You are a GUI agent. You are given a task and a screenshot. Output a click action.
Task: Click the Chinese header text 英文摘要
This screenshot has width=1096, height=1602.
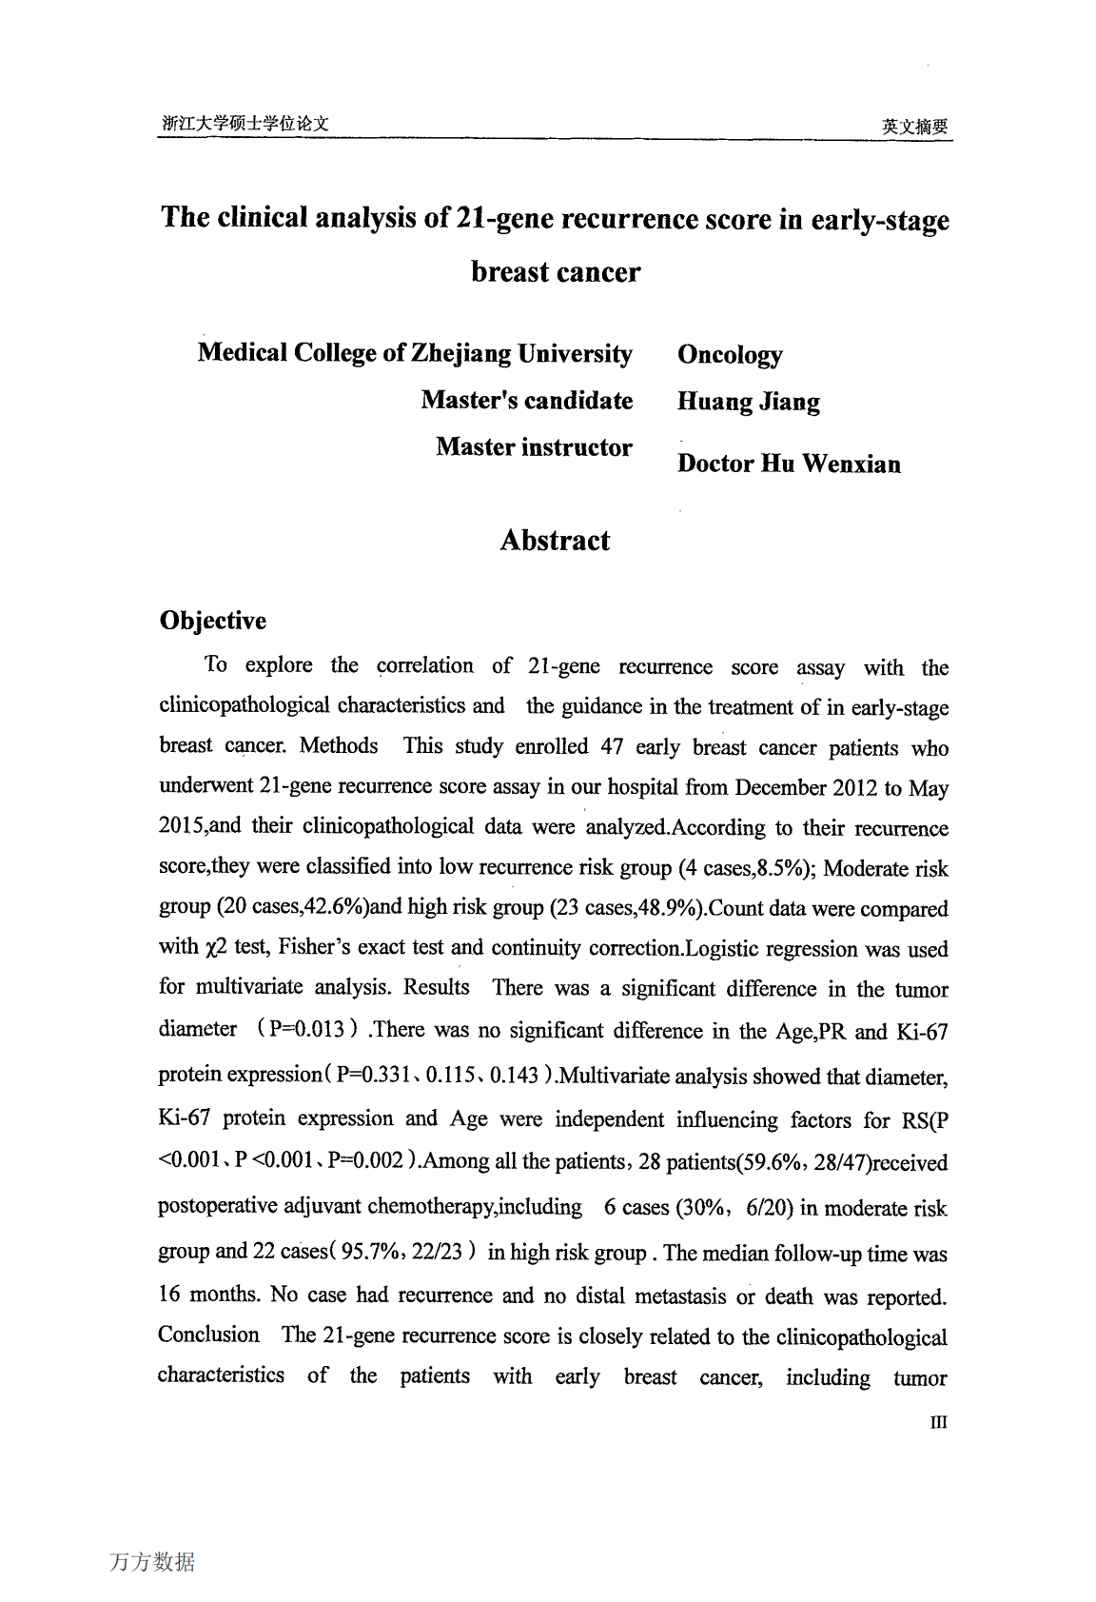click(914, 126)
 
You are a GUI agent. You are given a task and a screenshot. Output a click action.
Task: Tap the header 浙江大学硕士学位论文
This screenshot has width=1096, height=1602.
click(245, 123)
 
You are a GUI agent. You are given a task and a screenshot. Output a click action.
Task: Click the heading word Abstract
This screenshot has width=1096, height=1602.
click(555, 541)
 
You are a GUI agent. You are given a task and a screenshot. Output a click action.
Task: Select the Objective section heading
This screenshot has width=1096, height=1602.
click(213, 621)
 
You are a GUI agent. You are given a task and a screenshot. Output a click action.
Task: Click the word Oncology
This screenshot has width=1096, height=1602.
click(730, 355)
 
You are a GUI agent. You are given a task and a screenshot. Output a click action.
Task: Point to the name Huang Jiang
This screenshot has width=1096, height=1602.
click(748, 402)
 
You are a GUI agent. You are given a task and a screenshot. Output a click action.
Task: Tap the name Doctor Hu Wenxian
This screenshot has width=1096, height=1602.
click(789, 465)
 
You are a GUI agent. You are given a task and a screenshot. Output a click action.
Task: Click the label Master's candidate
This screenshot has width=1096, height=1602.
click(527, 400)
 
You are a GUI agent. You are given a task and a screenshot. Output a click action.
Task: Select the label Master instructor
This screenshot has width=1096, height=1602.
click(534, 447)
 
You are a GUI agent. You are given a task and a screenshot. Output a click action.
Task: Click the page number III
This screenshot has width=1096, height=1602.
click(938, 1422)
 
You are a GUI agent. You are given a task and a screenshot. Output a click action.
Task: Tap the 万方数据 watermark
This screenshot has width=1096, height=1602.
click(152, 1562)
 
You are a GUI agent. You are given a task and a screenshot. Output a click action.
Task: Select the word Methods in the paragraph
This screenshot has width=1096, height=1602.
click(339, 745)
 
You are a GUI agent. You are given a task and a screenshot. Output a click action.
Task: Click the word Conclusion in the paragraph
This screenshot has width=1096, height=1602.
click(208, 1335)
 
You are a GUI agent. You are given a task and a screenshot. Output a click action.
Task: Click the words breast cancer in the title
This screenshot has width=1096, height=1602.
click(556, 272)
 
